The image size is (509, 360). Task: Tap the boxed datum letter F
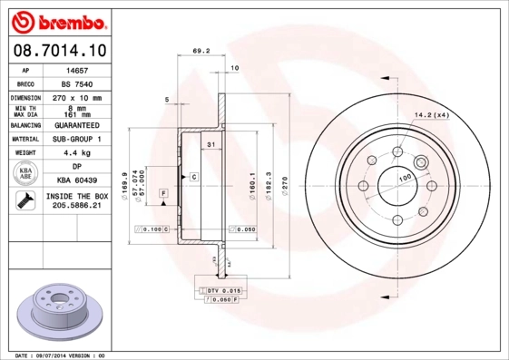(x=163, y=194)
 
